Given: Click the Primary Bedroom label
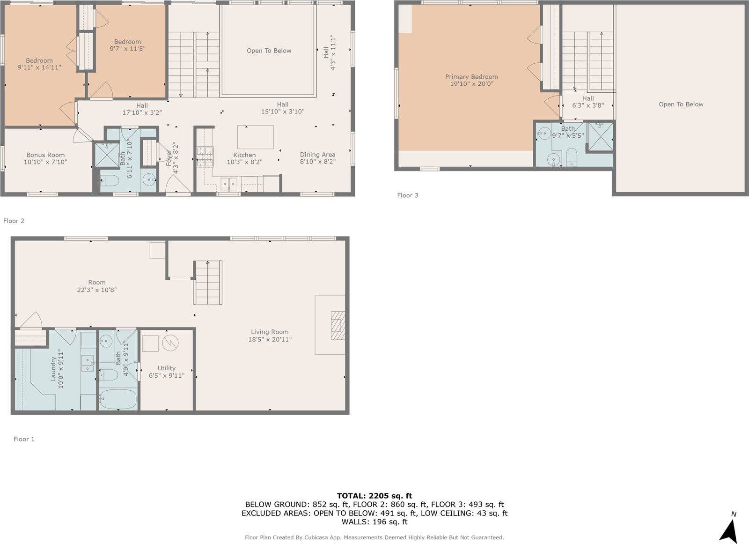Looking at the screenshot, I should click(471, 77).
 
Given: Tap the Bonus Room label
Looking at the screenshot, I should click(45, 155).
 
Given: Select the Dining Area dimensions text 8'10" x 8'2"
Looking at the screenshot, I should click(317, 162).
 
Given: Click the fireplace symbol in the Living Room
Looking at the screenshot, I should click(338, 325).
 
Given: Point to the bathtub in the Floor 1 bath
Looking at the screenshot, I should click(118, 399).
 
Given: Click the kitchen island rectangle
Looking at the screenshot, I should click(256, 137).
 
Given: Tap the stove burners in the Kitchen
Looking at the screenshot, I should click(205, 157).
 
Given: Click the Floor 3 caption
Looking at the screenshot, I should click(407, 195).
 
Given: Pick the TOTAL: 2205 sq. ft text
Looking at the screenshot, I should click(374, 496).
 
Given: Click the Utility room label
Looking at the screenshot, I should click(166, 368).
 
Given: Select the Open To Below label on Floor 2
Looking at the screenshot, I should click(269, 51).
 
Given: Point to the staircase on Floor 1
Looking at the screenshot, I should click(208, 283).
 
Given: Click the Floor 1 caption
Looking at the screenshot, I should click(24, 439).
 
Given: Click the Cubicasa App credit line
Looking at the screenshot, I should click(374, 537).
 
